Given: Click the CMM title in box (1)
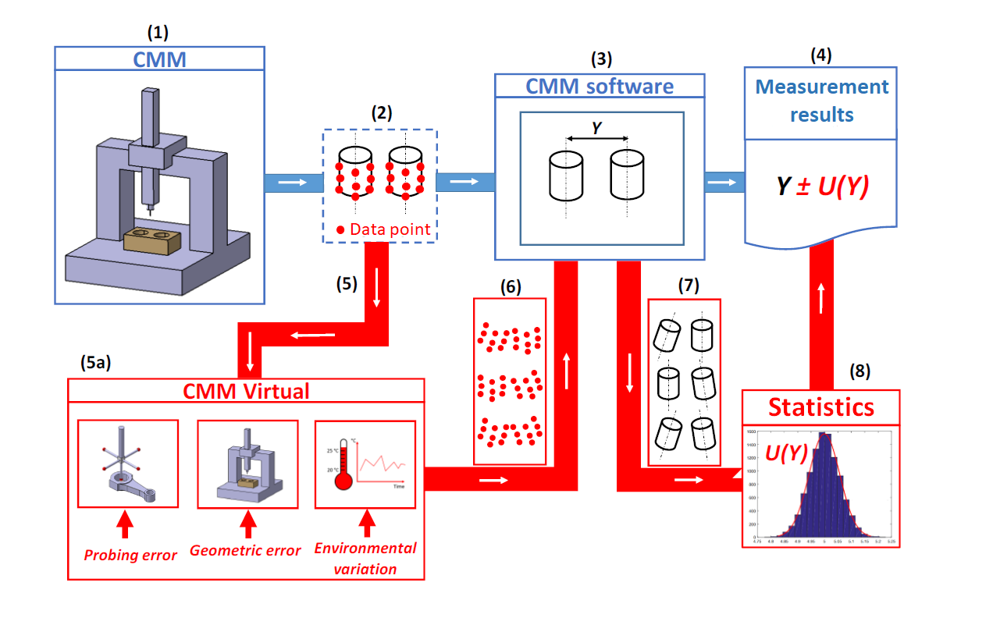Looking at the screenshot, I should point(160,59).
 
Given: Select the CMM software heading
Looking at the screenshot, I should point(600,86).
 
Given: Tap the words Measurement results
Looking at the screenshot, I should point(822,101).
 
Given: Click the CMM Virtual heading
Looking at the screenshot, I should point(246,390).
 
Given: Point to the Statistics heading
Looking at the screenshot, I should point(821,407).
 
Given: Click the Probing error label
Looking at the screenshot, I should point(130,555).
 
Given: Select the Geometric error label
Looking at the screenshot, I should point(245,550).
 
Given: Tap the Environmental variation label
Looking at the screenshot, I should point(365,558).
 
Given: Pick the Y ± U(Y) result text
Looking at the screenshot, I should point(821,187).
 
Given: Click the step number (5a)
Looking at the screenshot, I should point(97,362).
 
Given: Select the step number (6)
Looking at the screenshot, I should point(510,286).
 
